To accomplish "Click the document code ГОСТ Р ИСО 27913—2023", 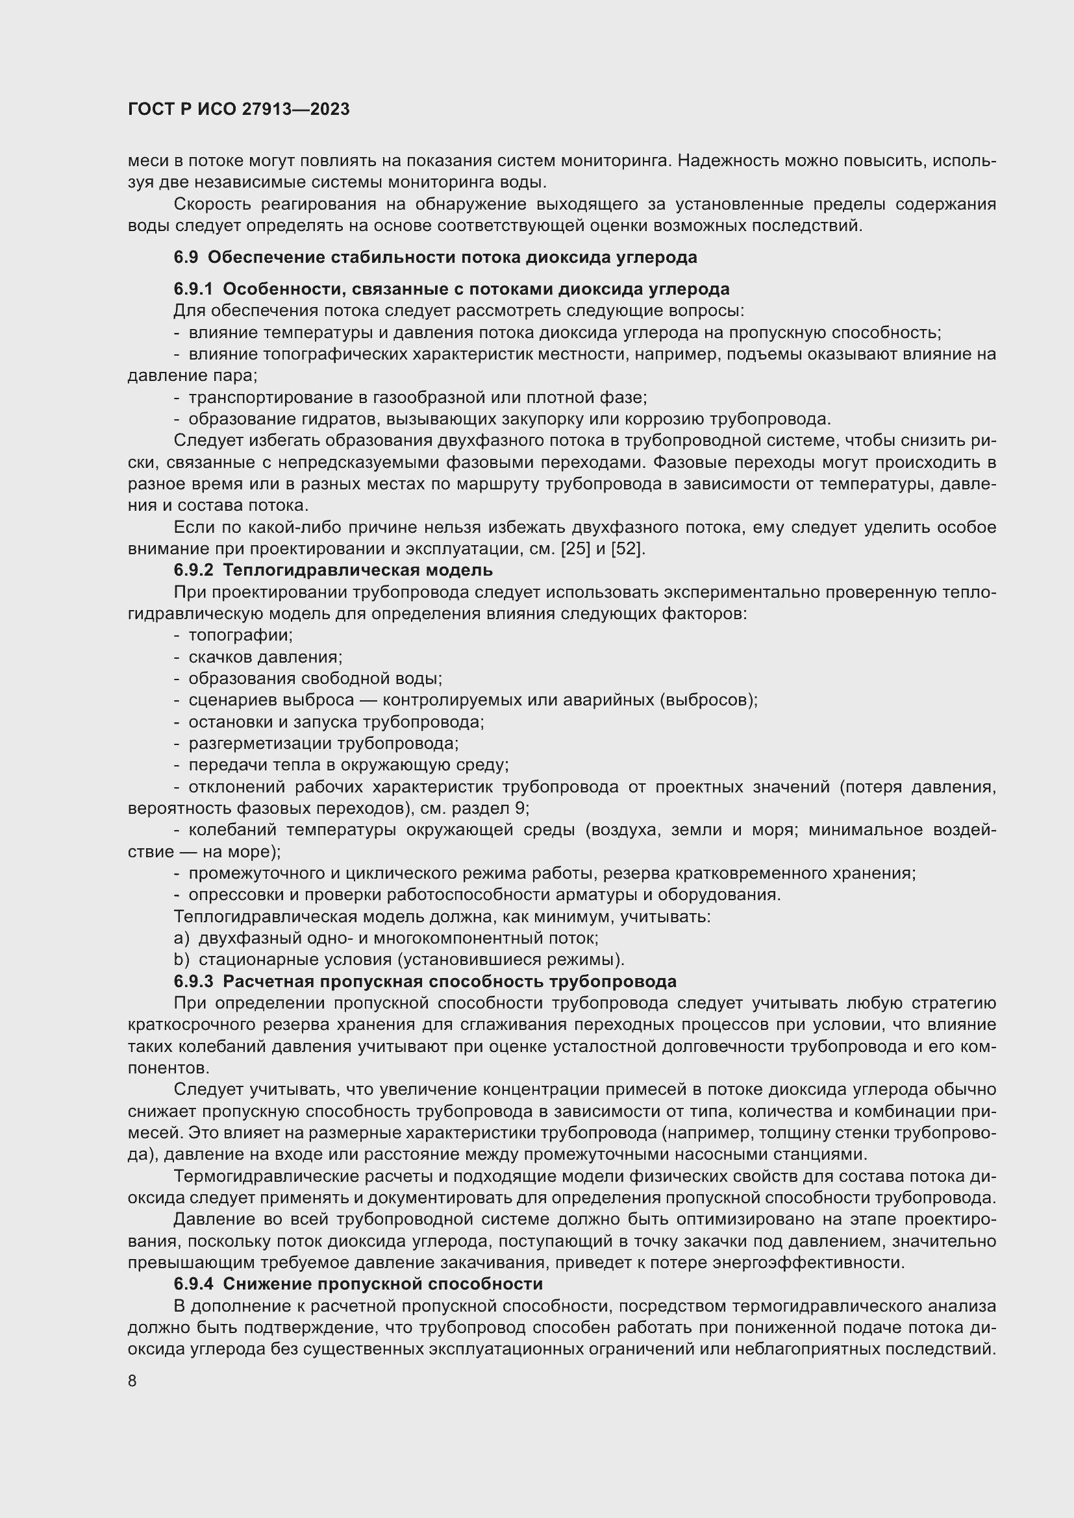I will [x=238, y=110].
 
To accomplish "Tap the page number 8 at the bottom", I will [x=132, y=1381].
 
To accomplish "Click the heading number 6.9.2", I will [x=193, y=570].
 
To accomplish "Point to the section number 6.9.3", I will [x=193, y=981].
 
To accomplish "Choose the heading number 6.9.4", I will [x=193, y=1284].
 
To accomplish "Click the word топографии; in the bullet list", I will [x=240, y=635].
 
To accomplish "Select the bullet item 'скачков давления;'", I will [x=265, y=657].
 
